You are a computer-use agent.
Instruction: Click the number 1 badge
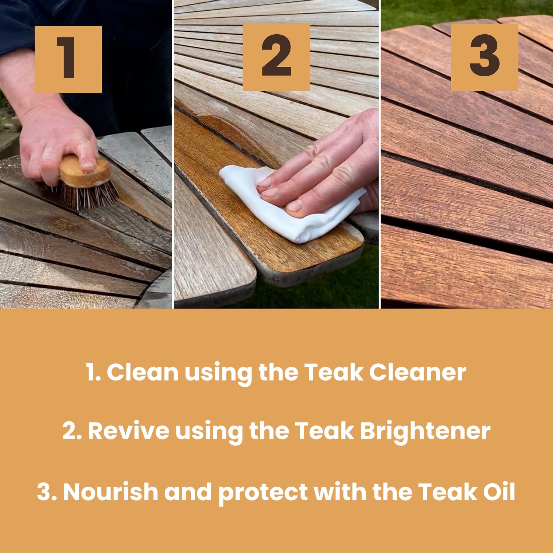[x=68, y=59]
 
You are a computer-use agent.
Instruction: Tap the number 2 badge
[x=276, y=57]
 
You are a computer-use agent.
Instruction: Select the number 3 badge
[x=484, y=57]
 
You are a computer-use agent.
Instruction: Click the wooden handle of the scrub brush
[x=84, y=172]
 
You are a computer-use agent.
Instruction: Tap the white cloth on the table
[x=291, y=205]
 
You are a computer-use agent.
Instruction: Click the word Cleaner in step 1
[x=417, y=372]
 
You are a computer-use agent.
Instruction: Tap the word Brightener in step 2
[x=425, y=431]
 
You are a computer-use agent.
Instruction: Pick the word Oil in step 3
[x=499, y=491]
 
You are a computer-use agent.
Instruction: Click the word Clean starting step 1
[x=143, y=372]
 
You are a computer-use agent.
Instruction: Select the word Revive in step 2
[x=129, y=431]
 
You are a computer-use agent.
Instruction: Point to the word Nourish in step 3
[x=111, y=491]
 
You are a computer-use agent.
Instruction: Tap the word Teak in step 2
[x=324, y=431]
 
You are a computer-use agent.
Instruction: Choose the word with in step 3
[x=340, y=491]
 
